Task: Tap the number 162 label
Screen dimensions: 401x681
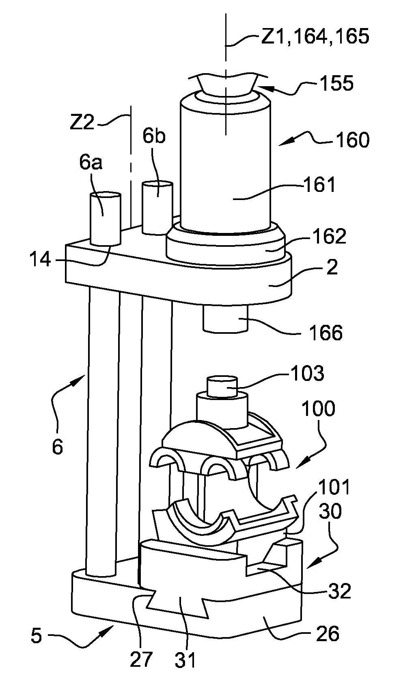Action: pos(330,236)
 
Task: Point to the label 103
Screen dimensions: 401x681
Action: pos(308,373)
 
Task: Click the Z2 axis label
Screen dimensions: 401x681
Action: pos(82,123)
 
